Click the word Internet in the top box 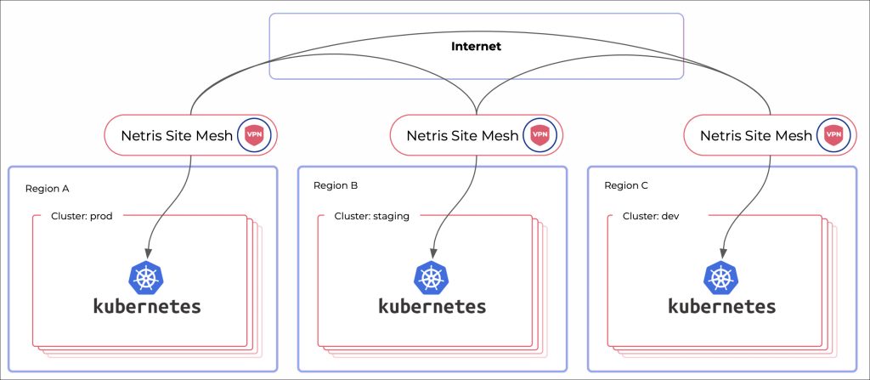476,46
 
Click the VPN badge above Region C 833,134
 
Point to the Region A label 48,185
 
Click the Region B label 336,185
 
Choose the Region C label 626,185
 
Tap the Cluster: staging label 372,216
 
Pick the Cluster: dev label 651,216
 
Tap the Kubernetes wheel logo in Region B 432,277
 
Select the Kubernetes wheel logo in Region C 721,277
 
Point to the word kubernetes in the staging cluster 432,306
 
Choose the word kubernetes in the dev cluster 721,306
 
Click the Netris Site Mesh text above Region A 176,134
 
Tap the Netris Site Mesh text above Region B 461,134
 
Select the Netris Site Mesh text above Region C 755,134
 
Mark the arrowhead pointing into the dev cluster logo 722,252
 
